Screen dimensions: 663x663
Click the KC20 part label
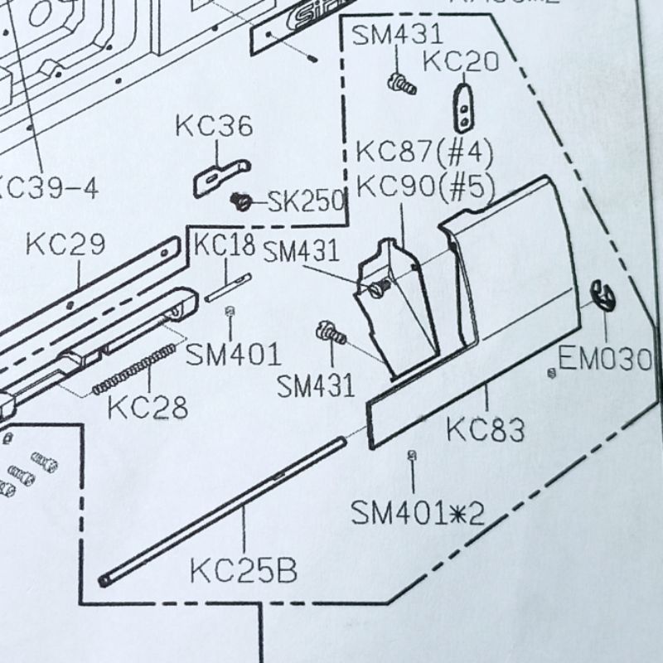(461, 61)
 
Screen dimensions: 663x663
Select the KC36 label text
(213, 128)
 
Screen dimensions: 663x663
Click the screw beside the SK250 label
(241, 201)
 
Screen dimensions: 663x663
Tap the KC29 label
(65, 244)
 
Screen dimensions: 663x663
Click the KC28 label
(148, 408)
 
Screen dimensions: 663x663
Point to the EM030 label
(605, 360)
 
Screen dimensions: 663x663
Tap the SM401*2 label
(416, 513)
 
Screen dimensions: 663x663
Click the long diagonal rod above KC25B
(224, 510)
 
